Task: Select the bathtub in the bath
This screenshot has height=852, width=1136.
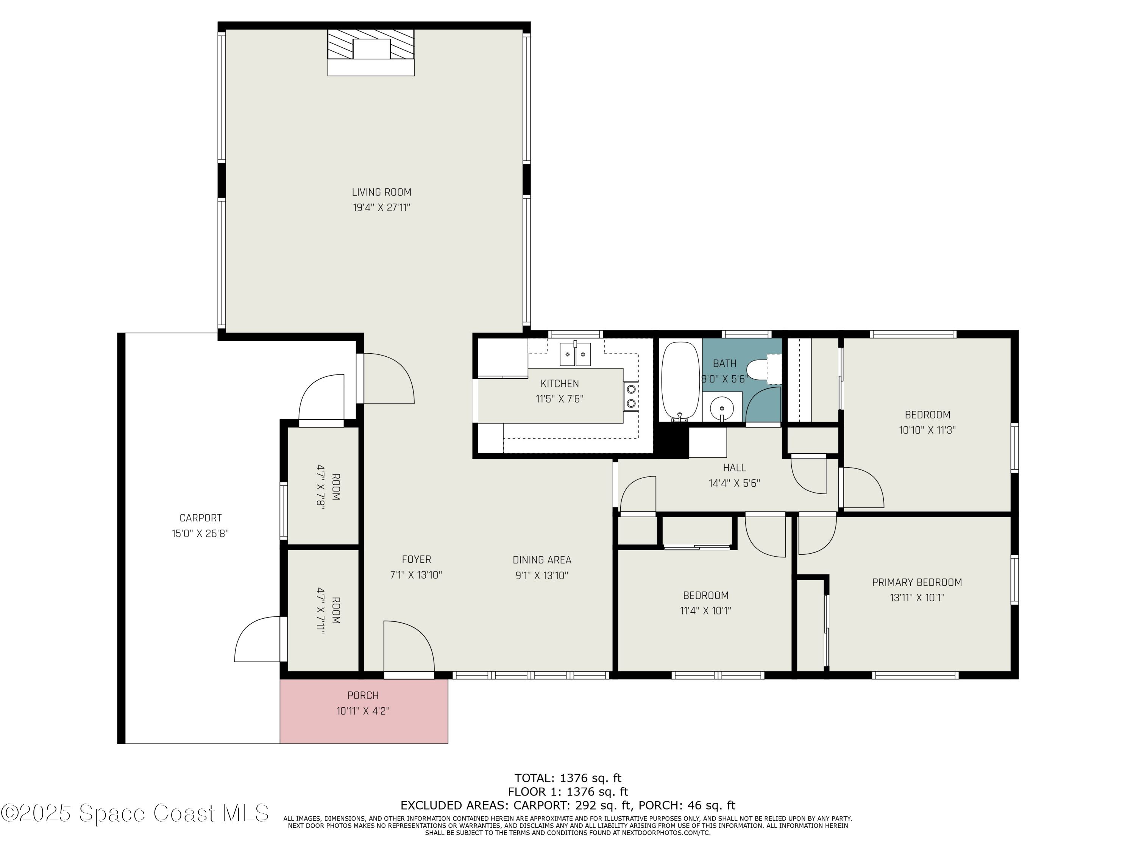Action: click(x=680, y=381)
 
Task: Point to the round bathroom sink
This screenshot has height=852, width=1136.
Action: click(x=722, y=408)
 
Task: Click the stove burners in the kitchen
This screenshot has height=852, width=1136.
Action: click(x=631, y=396)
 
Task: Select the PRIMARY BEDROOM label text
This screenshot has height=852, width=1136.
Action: click(x=917, y=582)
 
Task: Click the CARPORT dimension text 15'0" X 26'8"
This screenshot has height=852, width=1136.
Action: click(x=200, y=534)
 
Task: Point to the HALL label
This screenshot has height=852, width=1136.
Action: click(x=734, y=467)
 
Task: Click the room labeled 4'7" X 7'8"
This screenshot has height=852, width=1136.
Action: click(x=323, y=485)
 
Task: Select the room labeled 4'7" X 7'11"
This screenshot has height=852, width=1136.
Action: click(x=323, y=610)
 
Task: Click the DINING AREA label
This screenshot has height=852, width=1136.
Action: click(x=542, y=560)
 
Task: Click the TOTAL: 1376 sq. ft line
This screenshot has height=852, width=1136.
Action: click(x=568, y=778)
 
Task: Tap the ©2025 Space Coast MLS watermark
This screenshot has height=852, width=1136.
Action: click(x=134, y=813)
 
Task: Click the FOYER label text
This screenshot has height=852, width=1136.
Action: click(x=416, y=559)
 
